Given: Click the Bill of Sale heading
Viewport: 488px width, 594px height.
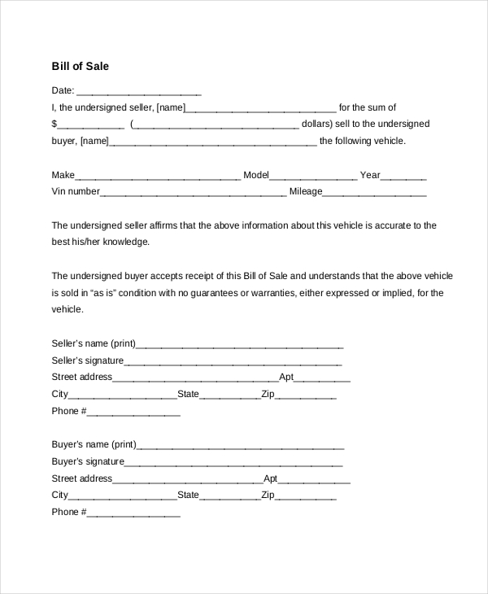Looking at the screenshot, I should click(x=80, y=66).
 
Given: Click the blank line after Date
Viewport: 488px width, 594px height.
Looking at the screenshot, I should click(x=138, y=92).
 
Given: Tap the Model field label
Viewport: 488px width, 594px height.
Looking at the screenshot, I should click(x=255, y=175).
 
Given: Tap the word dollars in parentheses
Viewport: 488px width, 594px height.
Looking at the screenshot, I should click(x=316, y=124).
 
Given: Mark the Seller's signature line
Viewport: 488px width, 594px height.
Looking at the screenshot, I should click(x=233, y=361).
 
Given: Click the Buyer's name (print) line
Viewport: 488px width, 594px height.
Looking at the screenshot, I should click(x=241, y=446).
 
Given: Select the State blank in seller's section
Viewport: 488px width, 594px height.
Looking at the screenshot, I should click(x=229, y=395).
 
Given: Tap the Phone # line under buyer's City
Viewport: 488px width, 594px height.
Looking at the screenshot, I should click(x=133, y=513).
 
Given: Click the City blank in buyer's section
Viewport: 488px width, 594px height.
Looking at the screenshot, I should click(x=123, y=496).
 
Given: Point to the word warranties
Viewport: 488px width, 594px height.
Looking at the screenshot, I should click(x=264, y=293).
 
